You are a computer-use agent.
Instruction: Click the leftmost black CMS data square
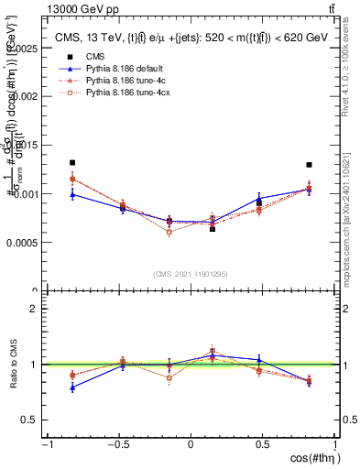(72, 162)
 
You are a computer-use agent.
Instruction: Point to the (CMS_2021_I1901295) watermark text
(191, 274)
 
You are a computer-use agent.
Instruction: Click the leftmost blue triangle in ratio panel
(72, 387)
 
